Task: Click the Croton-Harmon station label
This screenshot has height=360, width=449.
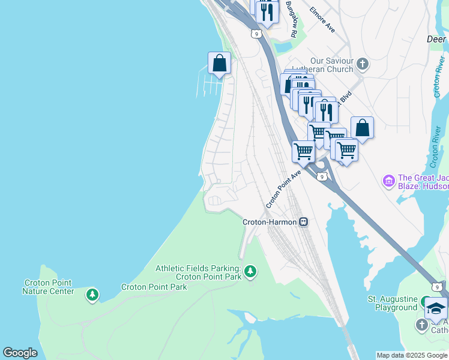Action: (270, 222)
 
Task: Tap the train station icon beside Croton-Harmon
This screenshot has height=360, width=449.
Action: (304, 222)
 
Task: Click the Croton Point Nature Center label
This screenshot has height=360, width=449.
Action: (48, 287)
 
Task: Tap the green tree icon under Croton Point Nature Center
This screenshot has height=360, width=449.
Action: (92, 295)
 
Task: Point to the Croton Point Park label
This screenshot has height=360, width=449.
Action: (154, 287)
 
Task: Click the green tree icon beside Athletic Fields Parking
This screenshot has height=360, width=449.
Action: (250, 272)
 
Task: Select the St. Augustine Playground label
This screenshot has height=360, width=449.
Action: (393, 303)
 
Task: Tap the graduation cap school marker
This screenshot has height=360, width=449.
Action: (436, 308)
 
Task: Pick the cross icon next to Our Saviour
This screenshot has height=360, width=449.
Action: (362, 63)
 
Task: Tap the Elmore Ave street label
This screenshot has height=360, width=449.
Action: (322, 19)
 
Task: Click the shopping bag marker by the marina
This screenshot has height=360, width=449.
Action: (219, 63)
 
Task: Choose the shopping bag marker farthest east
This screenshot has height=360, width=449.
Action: (362, 127)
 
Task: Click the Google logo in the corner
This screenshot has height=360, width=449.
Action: (20, 353)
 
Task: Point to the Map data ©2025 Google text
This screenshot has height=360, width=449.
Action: (411, 355)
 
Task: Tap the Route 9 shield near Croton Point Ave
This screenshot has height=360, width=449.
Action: (322, 176)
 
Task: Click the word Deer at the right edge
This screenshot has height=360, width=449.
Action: (436, 39)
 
